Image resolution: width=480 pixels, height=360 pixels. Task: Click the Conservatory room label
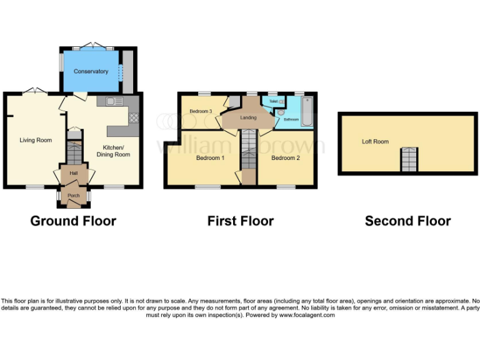tap(91, 71)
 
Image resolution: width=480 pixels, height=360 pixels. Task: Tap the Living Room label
tap(35, 140)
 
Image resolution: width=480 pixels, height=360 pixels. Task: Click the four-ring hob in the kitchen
tap(133, 116)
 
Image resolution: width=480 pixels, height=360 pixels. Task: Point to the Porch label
tap(73, 196)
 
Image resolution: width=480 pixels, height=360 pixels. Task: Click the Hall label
tap(73, 173)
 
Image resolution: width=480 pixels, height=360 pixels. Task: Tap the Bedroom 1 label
tap(210, 158)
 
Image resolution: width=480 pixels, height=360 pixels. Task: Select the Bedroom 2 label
tap(285, 158)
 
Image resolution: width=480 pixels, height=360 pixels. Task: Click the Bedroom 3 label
tap(201, 111)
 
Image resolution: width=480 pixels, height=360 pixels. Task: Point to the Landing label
tap(249, 117)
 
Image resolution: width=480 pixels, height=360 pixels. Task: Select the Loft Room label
tap(375, 142)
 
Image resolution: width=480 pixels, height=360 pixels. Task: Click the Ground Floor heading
tap(73, 221)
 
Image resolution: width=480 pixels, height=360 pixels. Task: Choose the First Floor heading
tap(241, 221)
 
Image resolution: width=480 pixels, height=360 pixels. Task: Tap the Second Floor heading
tap(407, 221)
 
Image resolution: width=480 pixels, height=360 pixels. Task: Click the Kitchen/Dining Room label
tap(113, 151)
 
